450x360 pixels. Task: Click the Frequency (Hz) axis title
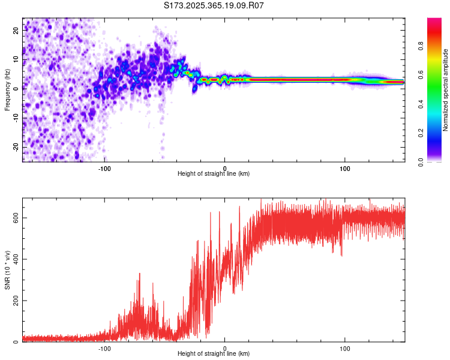[7, 89]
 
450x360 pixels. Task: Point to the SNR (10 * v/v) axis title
[7, 270]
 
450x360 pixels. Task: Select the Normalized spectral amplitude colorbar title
[446, 90]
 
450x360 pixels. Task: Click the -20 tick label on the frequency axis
[14, 147]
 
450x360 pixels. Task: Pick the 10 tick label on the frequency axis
[16, 59]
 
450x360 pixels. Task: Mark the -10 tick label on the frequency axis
[14, 118]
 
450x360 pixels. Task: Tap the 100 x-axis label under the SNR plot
[345, 348]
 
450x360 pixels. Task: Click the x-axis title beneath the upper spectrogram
[213, 174]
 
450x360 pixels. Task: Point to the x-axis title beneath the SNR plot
[213, 354]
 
